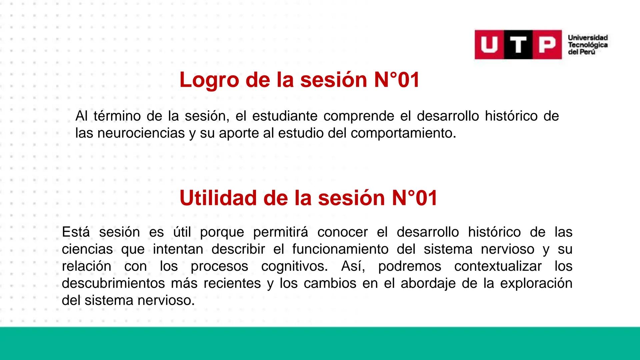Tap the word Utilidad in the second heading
218,198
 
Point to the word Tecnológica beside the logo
588,45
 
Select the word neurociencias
141,133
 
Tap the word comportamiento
403,133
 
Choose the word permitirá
281,232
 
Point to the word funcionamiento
340,249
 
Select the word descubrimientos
113,284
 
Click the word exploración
536,284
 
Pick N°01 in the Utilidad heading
414,198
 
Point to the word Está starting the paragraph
76,232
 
